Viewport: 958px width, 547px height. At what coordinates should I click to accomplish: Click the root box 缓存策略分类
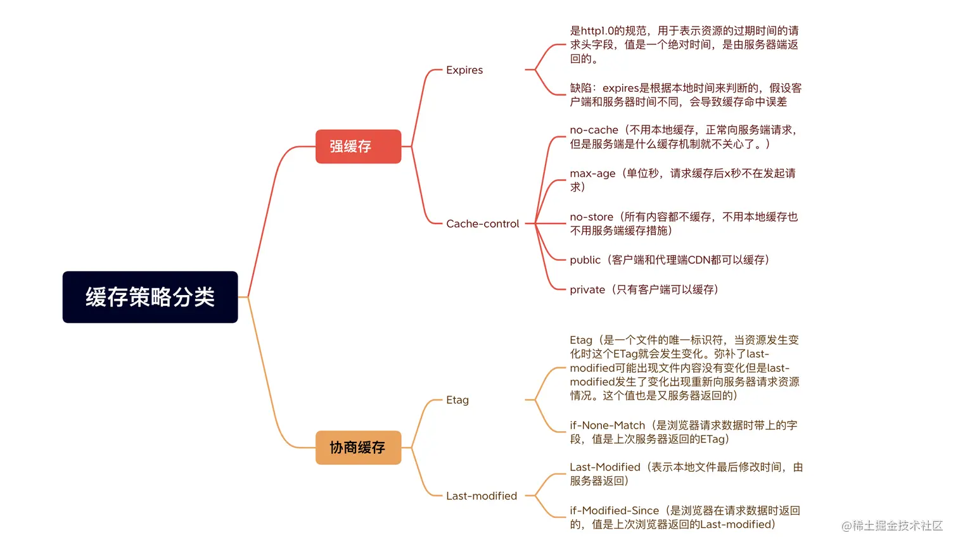pos(150,297)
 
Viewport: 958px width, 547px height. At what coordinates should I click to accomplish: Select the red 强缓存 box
pos(358,146)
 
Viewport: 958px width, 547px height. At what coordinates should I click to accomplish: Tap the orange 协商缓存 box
pos(358,448)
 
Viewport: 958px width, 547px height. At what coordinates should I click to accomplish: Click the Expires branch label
pos(464,70)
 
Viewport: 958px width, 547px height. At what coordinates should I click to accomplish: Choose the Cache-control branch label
pos(482,223)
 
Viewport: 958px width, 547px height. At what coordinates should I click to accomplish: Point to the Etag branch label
pos(457,400)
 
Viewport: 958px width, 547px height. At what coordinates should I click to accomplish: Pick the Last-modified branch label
pos(481,496)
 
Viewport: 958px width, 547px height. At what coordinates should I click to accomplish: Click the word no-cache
pos(594,130)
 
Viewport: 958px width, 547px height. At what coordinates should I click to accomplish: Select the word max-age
pos(592,173)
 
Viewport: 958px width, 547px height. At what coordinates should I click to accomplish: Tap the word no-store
pos(591,217)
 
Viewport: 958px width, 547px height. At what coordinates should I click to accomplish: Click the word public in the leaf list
pos(585,260)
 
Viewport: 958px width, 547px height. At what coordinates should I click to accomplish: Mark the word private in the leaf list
pos(587,290)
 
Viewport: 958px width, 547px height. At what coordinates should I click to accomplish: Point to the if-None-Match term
pos(607,425)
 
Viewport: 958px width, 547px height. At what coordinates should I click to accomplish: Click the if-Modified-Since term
pos(614,510)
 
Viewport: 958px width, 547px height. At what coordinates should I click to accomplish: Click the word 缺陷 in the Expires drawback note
pos(580,88)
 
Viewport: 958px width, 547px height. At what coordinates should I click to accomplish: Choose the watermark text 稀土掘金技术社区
pos(897,525)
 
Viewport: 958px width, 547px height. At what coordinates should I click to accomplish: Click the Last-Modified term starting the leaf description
pos(604,467)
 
